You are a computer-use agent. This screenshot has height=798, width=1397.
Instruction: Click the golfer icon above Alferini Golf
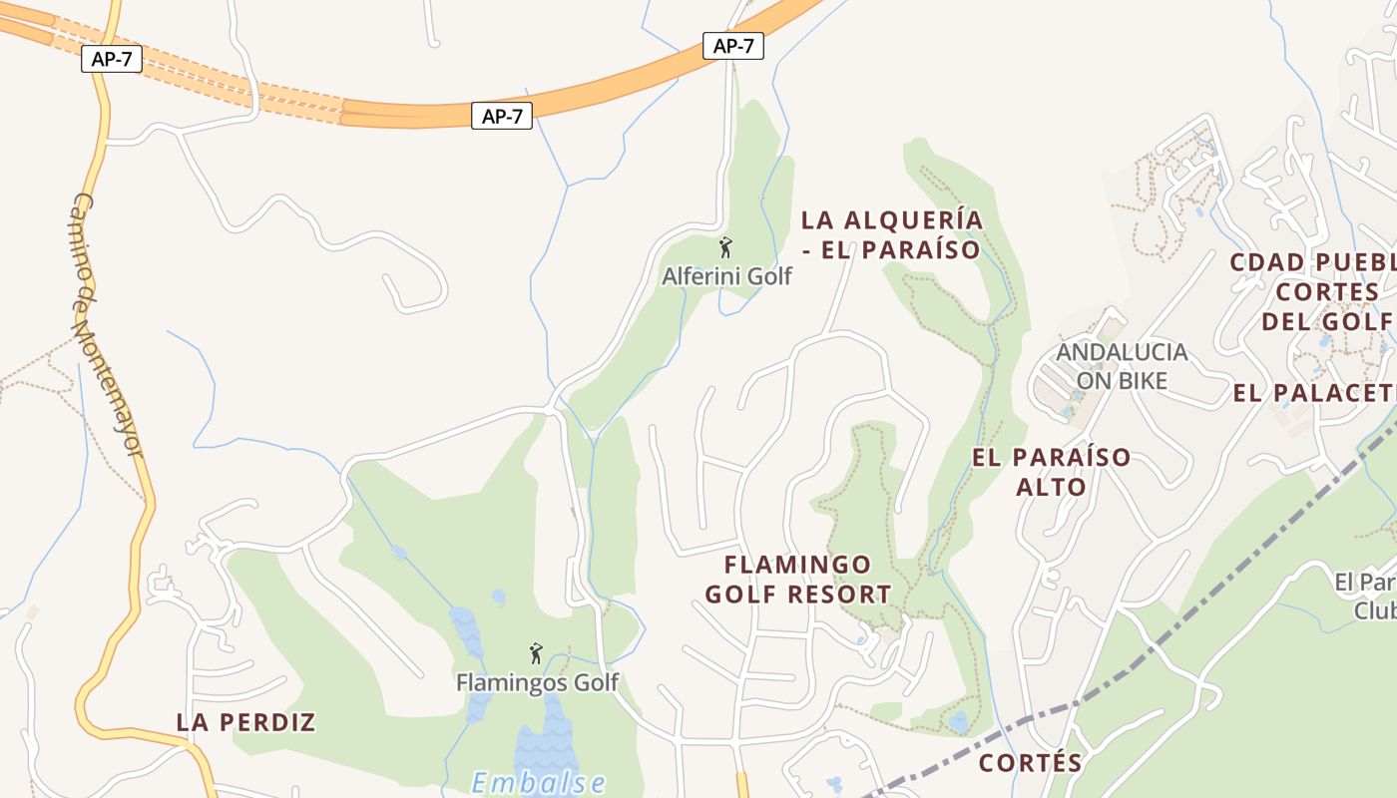(725, 246)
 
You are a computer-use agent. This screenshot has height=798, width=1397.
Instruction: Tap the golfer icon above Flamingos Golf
(536, 653)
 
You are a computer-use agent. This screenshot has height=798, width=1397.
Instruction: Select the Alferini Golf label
(726, 276)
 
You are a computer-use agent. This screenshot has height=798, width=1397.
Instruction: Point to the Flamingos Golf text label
(537, 683)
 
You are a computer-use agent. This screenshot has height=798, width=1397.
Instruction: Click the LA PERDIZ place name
(245, 722)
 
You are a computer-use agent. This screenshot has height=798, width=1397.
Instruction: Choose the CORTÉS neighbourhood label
(1030, 763)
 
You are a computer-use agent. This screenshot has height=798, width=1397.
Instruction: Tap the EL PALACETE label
(1313, 393)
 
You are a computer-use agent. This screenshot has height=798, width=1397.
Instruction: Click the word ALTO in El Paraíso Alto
(1051, 487)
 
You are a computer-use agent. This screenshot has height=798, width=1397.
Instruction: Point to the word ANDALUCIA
(1122, 352)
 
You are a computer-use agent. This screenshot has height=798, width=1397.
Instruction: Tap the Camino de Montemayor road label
(108, 324)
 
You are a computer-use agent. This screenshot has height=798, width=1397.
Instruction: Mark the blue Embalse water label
(539, 782)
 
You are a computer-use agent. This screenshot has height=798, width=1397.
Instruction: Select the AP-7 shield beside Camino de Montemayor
(111, 59)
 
